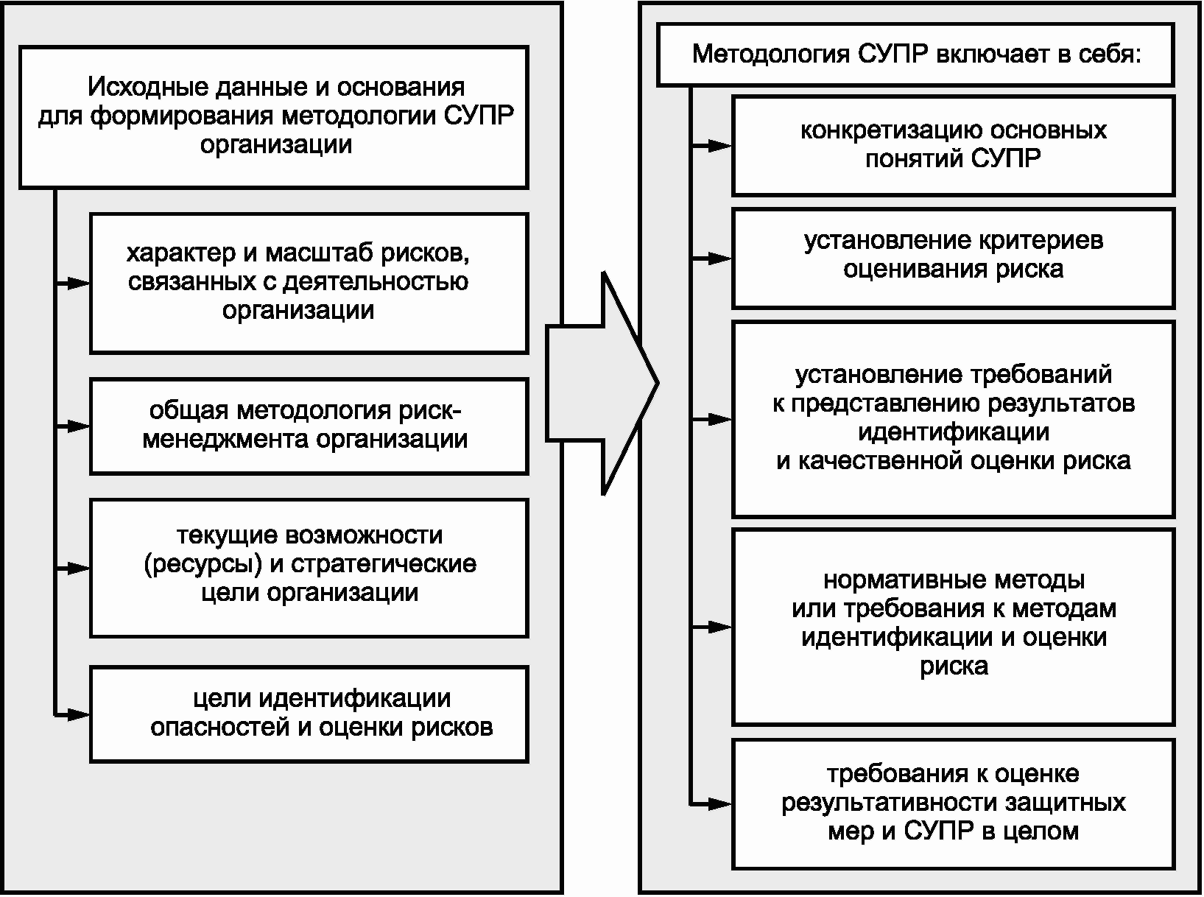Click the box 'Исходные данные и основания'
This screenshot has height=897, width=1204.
click(273, 116)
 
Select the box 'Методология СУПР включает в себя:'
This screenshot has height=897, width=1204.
click(915, 55)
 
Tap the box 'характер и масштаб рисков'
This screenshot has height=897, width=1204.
click(309, 283)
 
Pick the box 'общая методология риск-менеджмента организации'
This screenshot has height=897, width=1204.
click(309, 426)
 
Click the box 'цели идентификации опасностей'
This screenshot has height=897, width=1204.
click(309, 713)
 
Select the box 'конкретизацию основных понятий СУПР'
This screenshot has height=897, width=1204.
click(953, 145)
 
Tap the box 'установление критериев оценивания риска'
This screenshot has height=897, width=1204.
click(953, 257)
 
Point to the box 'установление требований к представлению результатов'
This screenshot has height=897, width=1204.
click(953, 418)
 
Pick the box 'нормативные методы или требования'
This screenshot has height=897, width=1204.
click(953, 625)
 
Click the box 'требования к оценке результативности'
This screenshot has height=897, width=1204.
click(953, 803)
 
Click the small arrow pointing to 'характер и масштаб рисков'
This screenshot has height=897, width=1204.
click(75, 284)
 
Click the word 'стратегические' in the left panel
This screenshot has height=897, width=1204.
click(384, 565)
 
